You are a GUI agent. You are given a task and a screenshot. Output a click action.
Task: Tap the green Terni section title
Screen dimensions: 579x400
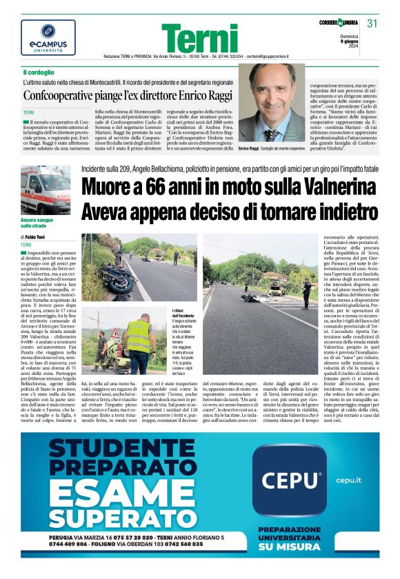pyautogui.click(x=200, y=39)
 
